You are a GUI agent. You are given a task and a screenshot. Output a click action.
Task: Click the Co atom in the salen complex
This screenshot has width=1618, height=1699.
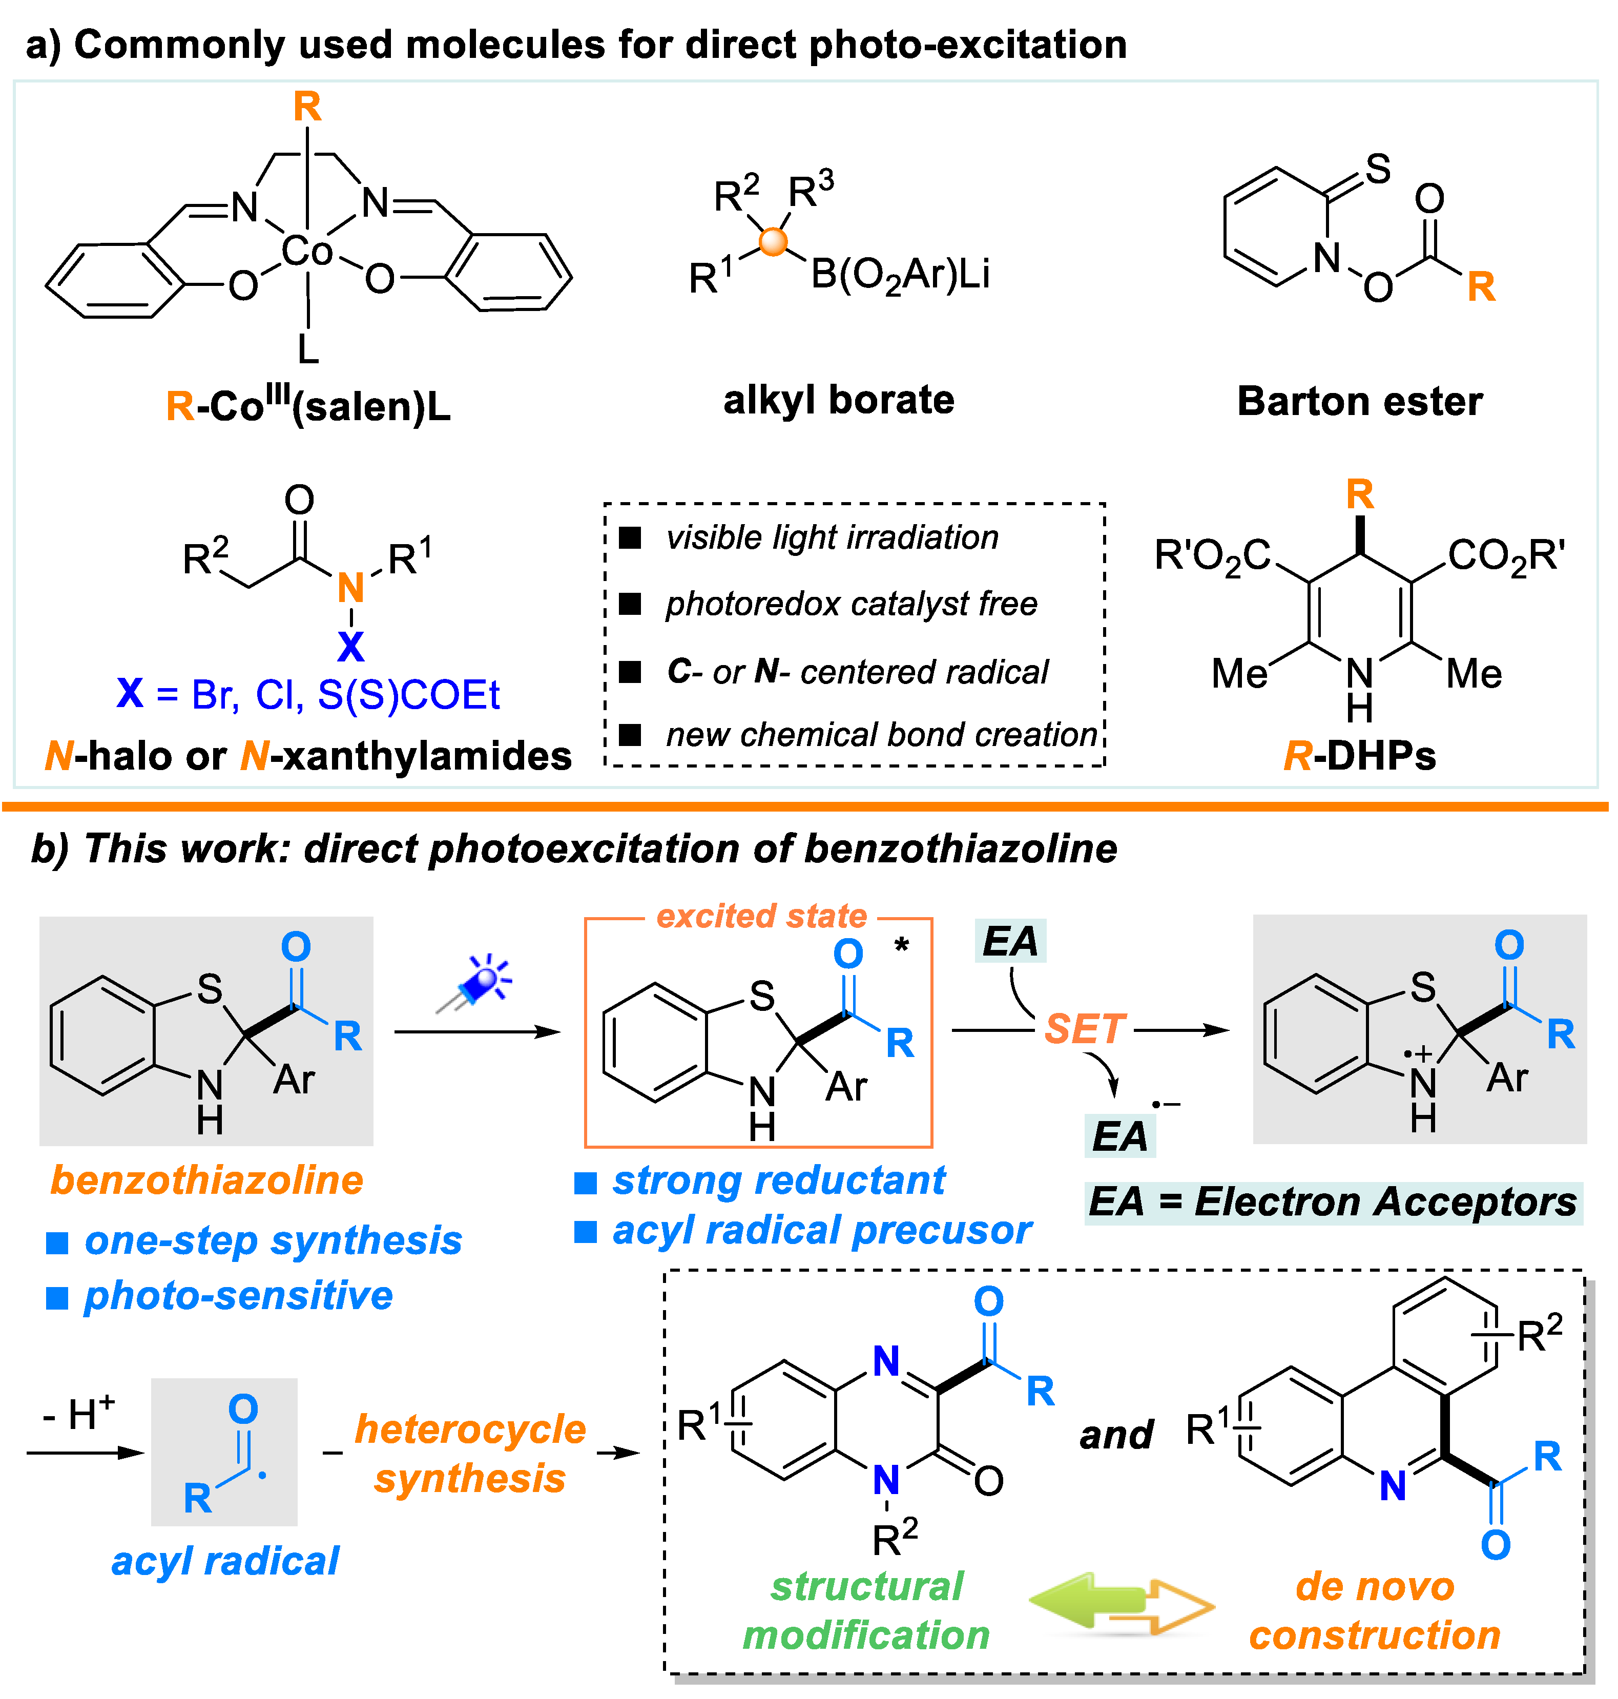[x=306, y=252]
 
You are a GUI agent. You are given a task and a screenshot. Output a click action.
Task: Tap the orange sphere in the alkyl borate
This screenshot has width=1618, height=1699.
[x=774, y=241]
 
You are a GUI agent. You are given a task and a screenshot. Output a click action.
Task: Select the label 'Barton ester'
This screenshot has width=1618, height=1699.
[x=1359, y=402]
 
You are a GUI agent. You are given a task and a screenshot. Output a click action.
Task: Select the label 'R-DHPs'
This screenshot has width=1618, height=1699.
[x=1359, y=756]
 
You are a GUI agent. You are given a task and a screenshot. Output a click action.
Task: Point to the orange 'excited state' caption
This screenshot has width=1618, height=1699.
[x=761, y=916]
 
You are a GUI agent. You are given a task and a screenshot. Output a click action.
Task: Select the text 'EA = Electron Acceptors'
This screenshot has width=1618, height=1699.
[x=1333, y=1201]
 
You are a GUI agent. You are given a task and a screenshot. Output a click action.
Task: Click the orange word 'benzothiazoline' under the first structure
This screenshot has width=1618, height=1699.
[x=207, y=1180]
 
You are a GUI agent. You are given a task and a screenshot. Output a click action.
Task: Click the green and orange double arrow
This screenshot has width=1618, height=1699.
[x=1121, y=1606]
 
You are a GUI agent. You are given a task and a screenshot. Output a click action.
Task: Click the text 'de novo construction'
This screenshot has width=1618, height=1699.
[x=1375, y=1611]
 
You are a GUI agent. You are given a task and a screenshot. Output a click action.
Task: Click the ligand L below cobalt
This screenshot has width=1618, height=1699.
[x=308, y=349]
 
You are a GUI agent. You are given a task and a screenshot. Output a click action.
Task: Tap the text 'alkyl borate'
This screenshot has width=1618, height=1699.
[x=838, y=400]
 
